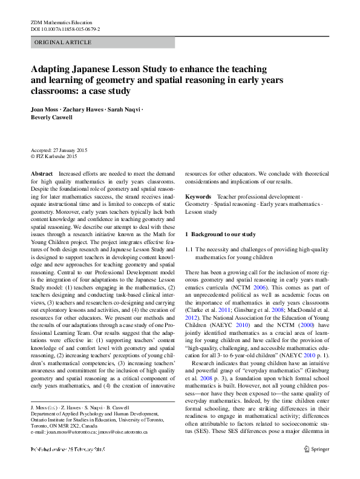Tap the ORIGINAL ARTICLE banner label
tap(63, 42)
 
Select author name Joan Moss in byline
tap(48, 110)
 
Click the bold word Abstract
tap(42, 173)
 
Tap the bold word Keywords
tap(198, 197)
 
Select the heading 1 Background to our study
tap(220, 234)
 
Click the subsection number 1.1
tap(189, 249)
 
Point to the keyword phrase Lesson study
tap(201, 213)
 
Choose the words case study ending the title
tap(111, 91)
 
